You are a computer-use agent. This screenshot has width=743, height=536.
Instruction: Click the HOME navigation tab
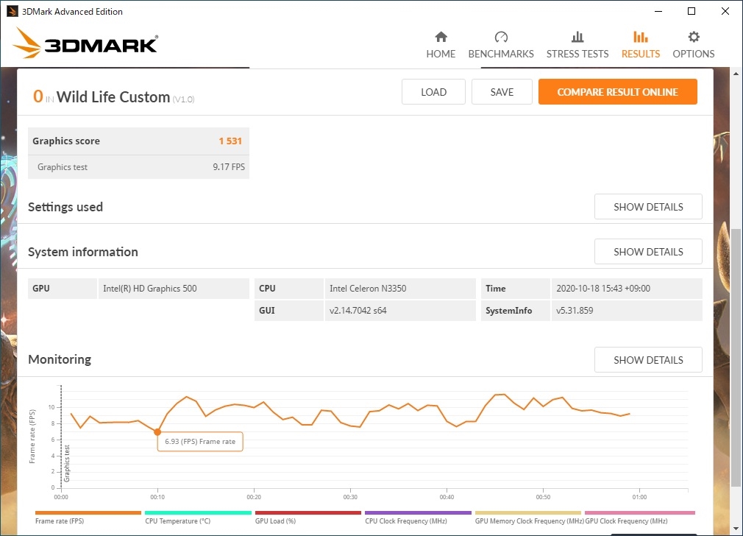point(441,45)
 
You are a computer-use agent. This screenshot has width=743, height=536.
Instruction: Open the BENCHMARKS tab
point(501,45)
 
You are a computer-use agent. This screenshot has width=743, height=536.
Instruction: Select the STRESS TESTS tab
point(577,45)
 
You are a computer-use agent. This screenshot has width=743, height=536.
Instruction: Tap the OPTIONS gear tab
point(693,45)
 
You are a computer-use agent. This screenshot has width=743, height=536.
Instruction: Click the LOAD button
point(433,92)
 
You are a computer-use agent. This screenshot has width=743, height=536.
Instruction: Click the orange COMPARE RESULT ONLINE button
point(617,92)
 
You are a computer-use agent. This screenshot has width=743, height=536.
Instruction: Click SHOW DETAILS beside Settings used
point(648,207)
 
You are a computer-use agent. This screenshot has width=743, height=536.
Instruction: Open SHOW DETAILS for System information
point(648,252)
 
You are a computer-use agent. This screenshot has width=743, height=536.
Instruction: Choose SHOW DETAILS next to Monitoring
point(648,360)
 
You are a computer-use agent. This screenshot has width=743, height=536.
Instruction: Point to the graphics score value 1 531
point(230,141)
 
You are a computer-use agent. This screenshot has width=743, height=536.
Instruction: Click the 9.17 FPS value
point(229,167)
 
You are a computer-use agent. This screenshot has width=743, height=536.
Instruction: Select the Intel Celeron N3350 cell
point(368,289)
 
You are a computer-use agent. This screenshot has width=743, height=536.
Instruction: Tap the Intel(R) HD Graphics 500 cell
point(149,289)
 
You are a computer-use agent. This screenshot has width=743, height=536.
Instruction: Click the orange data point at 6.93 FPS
point(157,431)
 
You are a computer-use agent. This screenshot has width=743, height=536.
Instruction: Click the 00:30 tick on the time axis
point(350,497)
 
